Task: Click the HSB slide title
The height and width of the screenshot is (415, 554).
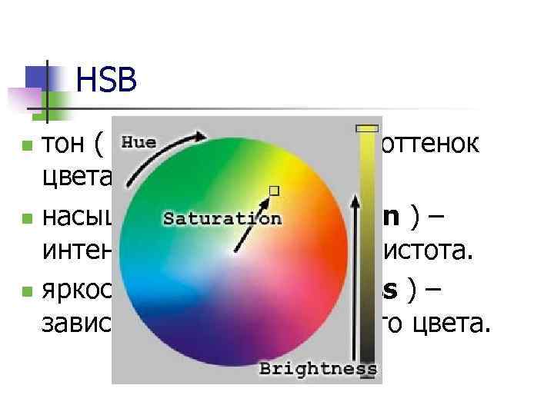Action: coord(107,81)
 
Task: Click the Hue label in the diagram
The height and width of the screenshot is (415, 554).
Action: coord(139,142)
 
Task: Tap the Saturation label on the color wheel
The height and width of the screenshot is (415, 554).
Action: coord(222,218)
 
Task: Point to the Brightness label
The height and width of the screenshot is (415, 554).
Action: coord(318,369)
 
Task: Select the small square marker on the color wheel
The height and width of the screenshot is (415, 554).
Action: coord(273,189)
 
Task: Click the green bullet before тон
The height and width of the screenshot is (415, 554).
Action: coord(27,144)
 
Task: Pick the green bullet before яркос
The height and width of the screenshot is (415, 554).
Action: coord(27,292)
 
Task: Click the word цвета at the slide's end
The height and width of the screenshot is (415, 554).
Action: coord(456,327)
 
